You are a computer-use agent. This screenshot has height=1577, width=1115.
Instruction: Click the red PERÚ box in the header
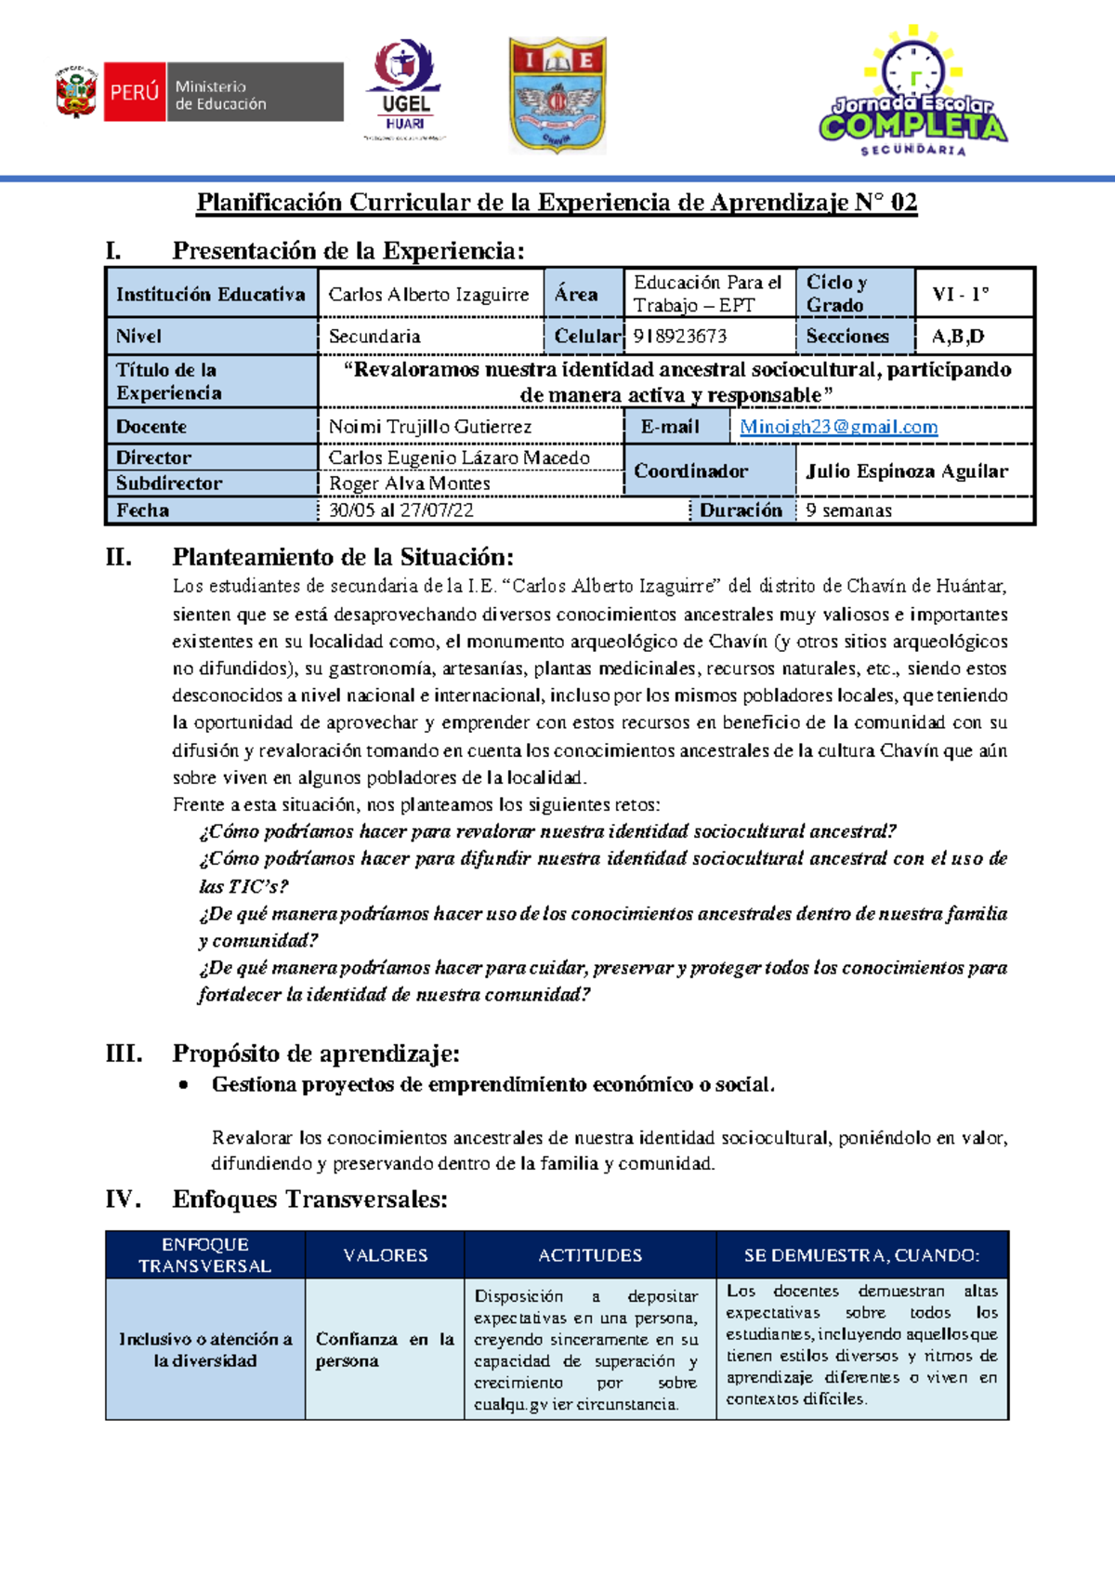click(x=135, y=92)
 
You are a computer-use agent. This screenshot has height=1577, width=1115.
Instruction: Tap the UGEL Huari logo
click(x=406, y=89)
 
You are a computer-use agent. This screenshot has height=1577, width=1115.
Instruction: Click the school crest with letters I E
click(x=557, y=95)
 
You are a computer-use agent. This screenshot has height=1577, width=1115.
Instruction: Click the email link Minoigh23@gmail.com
click(x=838, y=427)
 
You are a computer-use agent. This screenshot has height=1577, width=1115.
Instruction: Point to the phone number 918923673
click(x=680, y=336)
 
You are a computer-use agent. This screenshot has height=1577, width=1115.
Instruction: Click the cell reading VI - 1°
click(x=961, y=294)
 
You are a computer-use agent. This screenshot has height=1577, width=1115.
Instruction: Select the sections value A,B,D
click(x=958, y=336)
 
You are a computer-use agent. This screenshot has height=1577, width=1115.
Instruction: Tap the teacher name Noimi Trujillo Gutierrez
click(x=430, y=427)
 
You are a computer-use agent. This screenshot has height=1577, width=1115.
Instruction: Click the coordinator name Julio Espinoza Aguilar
click(x=907, y=470)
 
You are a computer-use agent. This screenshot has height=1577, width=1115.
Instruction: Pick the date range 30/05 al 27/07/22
click(x=401, y=510)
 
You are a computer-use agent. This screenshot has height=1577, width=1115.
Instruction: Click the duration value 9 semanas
click(x=848, y=510)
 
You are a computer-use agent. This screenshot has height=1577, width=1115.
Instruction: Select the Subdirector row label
click(x=169, y=483)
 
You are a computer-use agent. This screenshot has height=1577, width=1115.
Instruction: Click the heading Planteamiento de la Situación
click(x=343, y=557)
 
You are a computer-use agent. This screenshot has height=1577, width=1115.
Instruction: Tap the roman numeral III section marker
click(x=125, y=1054)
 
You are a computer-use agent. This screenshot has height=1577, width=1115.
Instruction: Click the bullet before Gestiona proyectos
click(x=184, y=1084)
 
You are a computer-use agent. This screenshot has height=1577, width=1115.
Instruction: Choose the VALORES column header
click(x=386, y=1255)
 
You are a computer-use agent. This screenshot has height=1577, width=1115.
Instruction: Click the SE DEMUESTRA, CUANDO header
click(x=861, y=1255)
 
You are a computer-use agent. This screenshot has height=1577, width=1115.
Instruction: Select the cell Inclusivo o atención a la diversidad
click(x=205, y=1349)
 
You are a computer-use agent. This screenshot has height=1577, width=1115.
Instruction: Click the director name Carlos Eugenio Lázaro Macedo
click(x=459, y=457)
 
